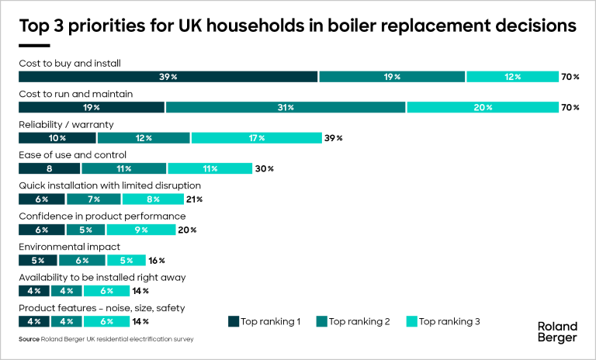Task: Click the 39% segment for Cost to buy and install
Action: tap(168, 77)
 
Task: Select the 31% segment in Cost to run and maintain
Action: tap(286, 107)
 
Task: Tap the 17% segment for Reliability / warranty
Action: tap(256, 138)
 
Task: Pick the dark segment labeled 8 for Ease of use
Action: tap(50, 168)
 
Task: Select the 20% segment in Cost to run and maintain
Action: tap(483, 107)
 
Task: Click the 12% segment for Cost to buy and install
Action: tap(512, 77)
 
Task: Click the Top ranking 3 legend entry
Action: tap(444, 321)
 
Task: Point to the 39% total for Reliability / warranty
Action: tap(334, 138)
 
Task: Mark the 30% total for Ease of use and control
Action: tap(265, 168)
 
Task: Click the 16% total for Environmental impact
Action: tap(157, 261)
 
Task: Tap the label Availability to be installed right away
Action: tap(102, 278)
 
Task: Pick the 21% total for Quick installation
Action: tap(193, 199)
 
